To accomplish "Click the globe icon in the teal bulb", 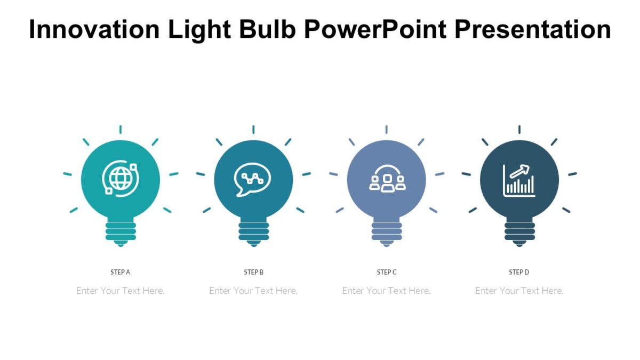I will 121,179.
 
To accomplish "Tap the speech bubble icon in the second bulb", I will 253,179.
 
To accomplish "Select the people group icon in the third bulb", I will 387,180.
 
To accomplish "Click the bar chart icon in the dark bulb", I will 519,180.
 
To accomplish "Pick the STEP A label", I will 121,272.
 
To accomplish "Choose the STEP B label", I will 254,272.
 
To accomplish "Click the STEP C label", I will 387,272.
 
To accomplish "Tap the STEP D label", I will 519,272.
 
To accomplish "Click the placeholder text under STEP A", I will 121,291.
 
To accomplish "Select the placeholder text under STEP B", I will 253,291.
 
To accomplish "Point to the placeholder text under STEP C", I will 386,291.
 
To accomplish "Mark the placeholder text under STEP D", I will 519,291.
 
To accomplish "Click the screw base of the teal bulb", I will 121,231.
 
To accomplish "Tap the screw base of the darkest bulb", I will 519,231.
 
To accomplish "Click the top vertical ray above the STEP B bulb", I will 253,130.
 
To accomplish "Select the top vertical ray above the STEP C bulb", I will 386,130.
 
